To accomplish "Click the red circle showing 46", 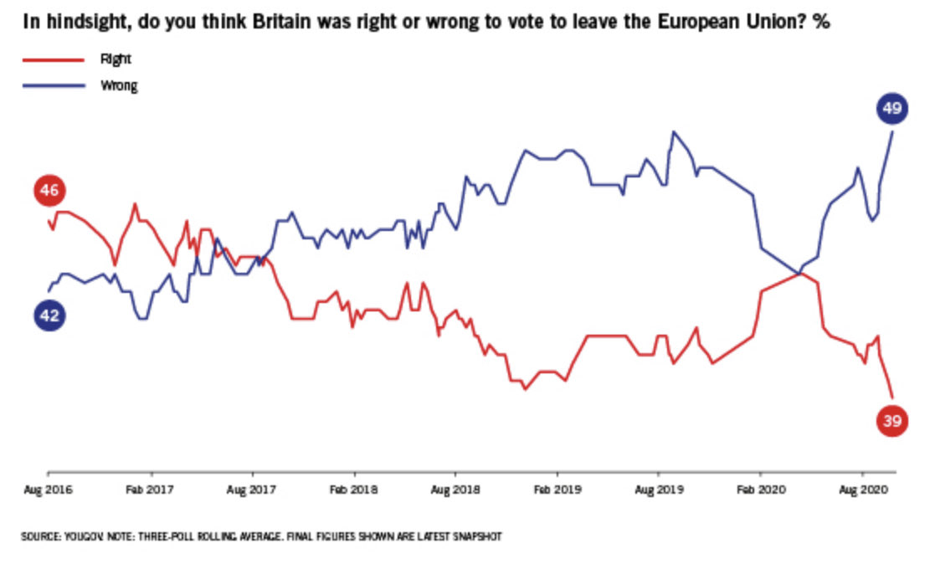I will (49, 192).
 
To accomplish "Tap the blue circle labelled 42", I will (49, 315).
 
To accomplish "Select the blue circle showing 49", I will (891, 109).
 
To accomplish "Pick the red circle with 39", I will (891, 422).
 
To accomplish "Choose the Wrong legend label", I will (118, 85).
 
